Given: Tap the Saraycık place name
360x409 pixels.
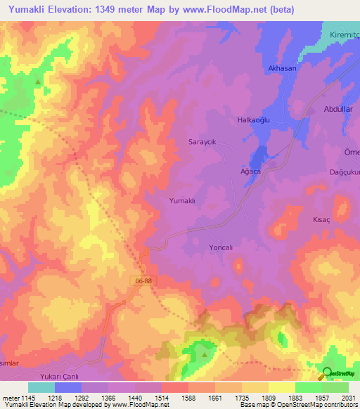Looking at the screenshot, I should click(x=202, y=141).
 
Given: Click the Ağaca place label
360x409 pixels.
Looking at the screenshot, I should click(x=251, y=172).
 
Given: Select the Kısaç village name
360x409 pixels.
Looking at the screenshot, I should click(x=321, y=219).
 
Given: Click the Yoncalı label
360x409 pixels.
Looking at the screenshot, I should click(x=221, y=248).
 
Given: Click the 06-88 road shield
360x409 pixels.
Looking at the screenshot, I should click(x=141, y=280).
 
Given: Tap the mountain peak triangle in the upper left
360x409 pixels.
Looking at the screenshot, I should click(x=37, y=82).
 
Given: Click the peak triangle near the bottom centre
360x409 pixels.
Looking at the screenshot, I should click(x=205, y=353).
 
